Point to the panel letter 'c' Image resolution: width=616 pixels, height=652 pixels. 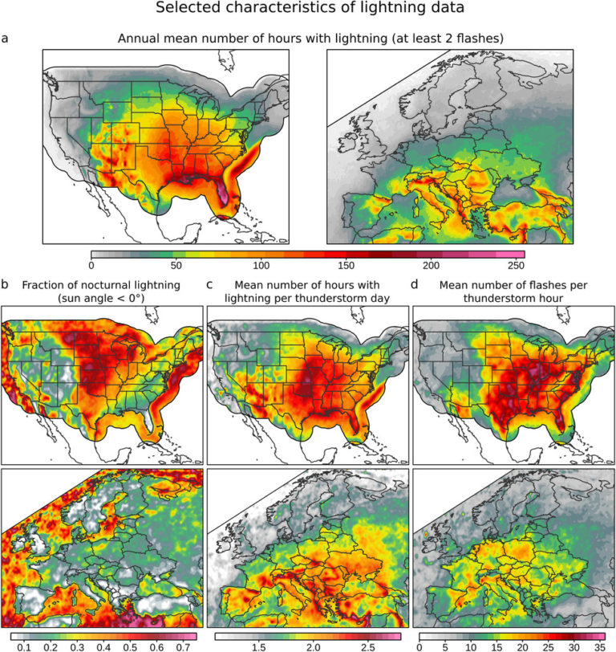coord(210,284)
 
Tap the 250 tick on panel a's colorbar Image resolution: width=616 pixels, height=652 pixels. coord(516,265)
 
